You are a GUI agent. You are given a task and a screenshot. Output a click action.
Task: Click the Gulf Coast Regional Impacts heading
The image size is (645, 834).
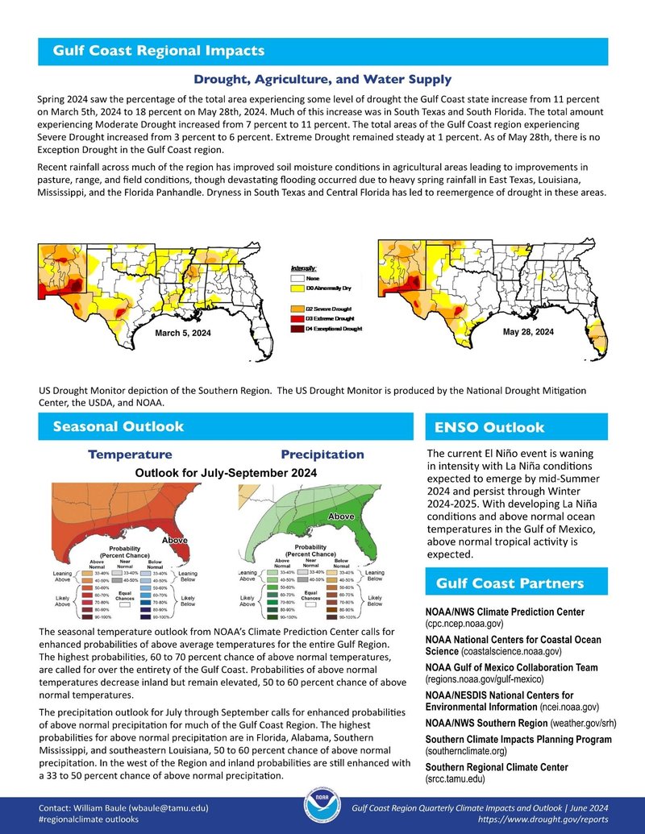(158, 51)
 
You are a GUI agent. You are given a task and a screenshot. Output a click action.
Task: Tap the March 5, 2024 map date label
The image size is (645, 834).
(182, 334)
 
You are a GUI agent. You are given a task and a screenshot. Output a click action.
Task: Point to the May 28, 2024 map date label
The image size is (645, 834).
(528, 332)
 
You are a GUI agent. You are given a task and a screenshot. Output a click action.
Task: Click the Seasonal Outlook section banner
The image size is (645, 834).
(118, 426)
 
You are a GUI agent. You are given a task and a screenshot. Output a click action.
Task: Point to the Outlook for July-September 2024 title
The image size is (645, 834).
(226, 472)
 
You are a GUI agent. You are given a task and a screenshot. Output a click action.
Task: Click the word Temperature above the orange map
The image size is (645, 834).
(130, 454)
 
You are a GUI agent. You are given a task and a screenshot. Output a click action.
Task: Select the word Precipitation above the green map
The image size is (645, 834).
(322, 454)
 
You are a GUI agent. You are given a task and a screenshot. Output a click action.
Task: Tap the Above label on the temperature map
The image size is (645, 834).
(176, 540)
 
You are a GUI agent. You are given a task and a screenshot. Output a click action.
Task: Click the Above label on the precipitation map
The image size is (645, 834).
(341, 516)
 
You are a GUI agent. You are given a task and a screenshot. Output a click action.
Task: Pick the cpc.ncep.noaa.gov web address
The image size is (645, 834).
(464, 624)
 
